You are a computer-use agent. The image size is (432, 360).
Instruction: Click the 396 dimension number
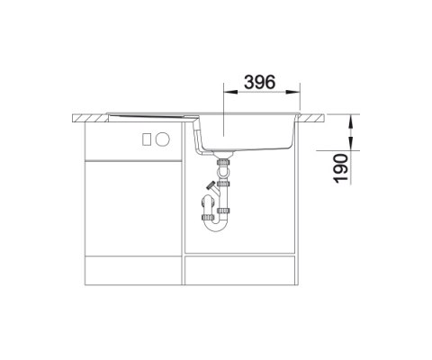259,82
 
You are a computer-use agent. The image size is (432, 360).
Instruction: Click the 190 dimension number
341,168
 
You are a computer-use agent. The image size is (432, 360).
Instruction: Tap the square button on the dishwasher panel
147,139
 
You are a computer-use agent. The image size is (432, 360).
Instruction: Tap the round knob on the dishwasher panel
163,139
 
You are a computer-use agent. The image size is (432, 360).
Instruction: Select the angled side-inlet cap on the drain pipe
211,185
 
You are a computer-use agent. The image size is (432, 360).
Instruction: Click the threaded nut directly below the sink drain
223,162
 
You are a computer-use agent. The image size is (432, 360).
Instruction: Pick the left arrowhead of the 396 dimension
230,93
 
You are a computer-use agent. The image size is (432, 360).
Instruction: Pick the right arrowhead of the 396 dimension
293,93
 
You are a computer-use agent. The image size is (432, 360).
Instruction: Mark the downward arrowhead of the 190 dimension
351,122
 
